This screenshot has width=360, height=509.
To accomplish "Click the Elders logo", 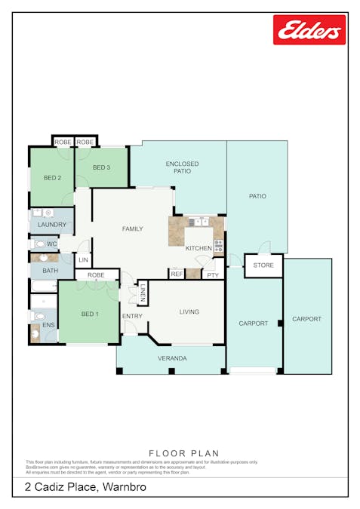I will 309,30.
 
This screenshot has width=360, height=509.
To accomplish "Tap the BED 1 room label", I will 89,313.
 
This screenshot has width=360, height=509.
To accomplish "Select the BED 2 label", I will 52,178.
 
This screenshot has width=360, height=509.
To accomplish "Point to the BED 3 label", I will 102,167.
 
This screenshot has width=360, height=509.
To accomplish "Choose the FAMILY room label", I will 133,228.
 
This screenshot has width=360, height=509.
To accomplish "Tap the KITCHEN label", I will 198,248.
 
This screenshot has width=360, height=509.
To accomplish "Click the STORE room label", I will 263,265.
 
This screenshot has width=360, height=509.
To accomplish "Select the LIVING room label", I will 189,311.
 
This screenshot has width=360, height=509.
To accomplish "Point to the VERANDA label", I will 171,358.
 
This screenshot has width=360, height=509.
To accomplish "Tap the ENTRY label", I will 132,316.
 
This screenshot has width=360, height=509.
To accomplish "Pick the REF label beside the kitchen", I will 177,274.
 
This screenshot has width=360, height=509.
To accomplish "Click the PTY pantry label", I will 213,275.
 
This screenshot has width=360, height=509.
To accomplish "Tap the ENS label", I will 48,325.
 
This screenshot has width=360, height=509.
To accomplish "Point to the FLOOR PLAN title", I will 180,454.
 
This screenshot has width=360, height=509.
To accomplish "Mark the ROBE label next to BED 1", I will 96,275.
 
